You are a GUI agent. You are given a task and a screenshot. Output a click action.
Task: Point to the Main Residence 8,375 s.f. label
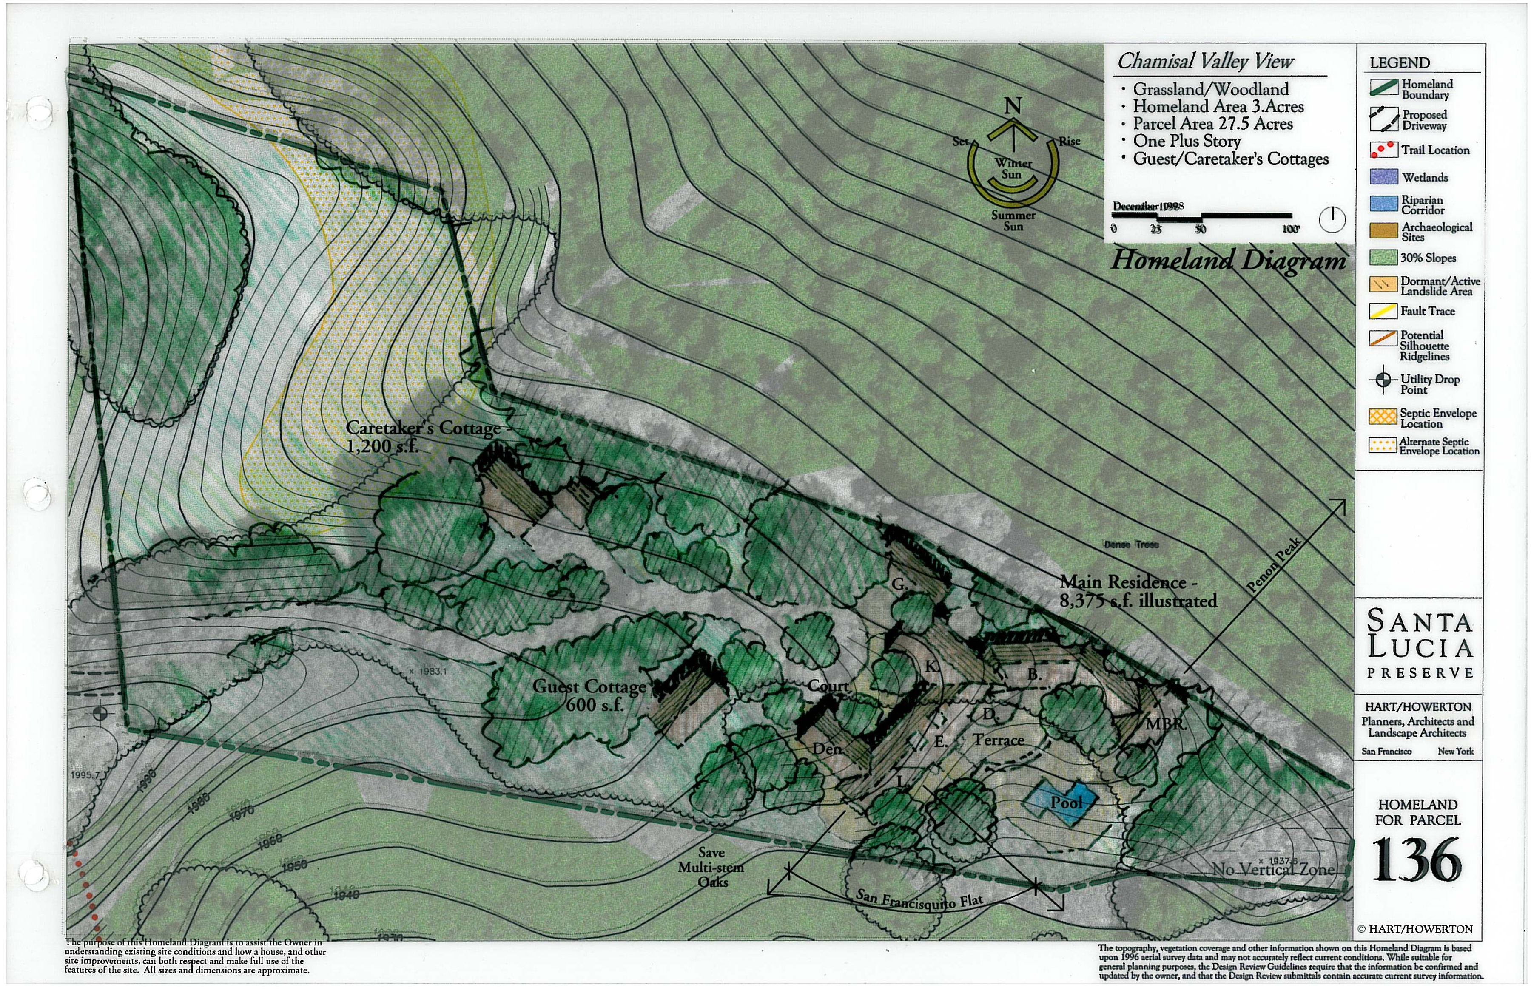coord(1137,591)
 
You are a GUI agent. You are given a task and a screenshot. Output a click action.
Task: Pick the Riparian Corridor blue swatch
coord(1383,204)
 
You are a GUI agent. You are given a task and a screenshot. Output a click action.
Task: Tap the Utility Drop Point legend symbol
coord(1383,380)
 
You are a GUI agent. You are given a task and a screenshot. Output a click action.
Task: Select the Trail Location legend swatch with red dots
coord(1383,150)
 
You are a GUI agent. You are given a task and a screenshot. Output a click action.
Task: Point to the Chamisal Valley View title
coord(1205,62)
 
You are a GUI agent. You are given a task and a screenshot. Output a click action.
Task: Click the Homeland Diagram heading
coord(1228,260)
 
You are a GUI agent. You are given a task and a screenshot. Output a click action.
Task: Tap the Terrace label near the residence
coord(998,740)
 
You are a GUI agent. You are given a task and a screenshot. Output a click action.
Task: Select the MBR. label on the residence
coord(1166,724)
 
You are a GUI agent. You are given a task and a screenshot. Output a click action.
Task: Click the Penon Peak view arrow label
coord(1274,564)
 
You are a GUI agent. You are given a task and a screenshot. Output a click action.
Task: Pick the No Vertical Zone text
coord(1273,870)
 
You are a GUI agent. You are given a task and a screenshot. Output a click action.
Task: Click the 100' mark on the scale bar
coord(1291,229)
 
